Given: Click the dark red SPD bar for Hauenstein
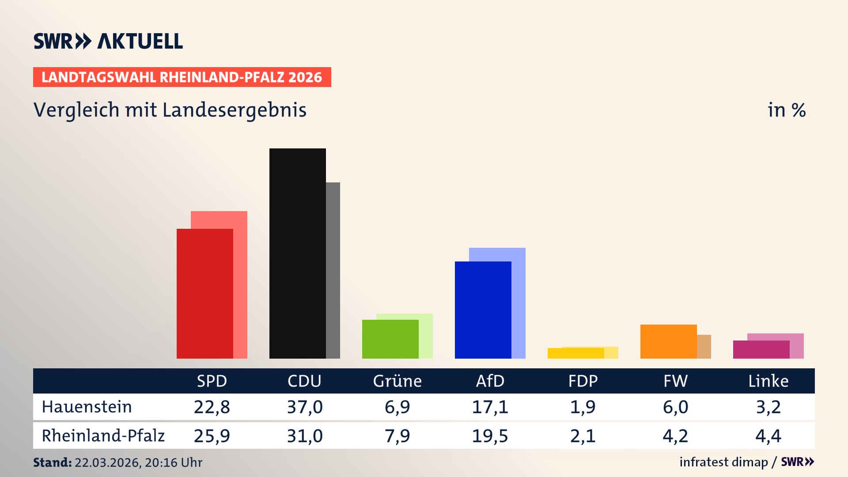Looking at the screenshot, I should click(x=204, y=294).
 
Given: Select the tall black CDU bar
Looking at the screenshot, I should click(x=297, y=254).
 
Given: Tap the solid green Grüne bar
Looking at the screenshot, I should click(x=390, y=339).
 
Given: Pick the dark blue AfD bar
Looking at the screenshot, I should click(x=483, y=310).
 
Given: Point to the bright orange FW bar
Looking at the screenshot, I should click(x=668, y=341).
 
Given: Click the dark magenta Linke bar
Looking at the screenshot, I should click(x=761, y=349).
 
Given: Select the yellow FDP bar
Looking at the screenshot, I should click(x=575, y=353).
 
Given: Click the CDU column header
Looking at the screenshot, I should click(x=304, y=381).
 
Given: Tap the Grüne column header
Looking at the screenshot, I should click(x=397, y=381).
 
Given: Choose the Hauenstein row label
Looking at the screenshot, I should click(x=87, y=407).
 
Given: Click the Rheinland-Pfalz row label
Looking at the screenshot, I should click(x=103, y=436).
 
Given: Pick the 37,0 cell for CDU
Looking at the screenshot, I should click(x=305, y=407).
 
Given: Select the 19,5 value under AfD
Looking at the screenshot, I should click(x=490, y=436).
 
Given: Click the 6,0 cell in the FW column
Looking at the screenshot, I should click(x=675, y=407).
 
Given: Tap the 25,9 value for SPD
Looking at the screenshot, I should click(x=212, y=436).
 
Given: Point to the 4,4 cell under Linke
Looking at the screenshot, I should click(x=768, y=436).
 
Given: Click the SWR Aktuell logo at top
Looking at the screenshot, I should click(x=108, y=41).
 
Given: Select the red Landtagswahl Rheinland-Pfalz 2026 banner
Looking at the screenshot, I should click(x=182, y=77).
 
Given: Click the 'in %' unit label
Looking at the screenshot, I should click(x=786, y=110).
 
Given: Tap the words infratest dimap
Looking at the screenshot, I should click(x=723, y=462).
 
